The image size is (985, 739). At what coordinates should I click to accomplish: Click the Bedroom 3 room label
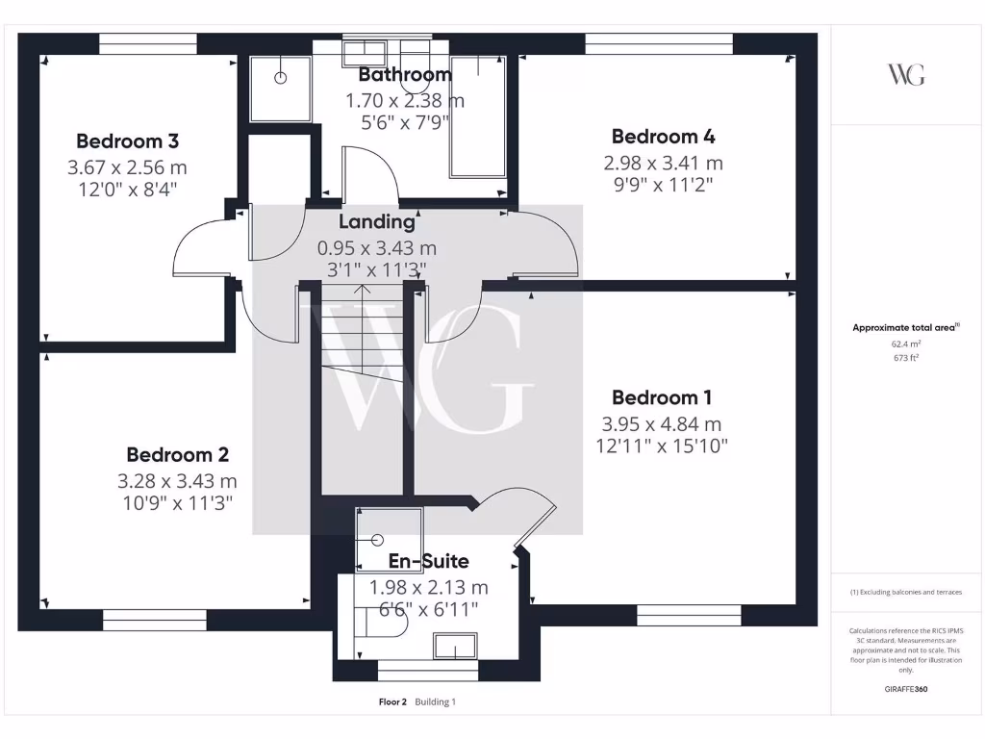click(128, 141)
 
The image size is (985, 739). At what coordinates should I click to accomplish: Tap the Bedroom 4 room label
click(663, 137)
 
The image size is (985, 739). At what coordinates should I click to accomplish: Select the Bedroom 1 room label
click(662, 397)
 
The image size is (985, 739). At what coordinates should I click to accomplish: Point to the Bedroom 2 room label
click(177, 454)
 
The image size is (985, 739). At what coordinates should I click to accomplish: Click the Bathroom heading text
click(405, 75)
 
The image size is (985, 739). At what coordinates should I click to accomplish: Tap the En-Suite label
click(428, 561)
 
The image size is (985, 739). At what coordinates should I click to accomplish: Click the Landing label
click(377, 221)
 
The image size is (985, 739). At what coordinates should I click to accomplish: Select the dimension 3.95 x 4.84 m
click(662, 423)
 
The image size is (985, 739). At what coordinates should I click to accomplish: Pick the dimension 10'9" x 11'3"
click(177, 502)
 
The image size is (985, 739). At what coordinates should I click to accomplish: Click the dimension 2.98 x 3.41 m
click(663, 163)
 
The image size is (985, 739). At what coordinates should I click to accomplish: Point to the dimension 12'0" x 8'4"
click(128, 190)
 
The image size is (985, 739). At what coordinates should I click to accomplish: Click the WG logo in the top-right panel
click(906, 74)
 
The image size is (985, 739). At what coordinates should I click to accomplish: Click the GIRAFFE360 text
click(906, 689)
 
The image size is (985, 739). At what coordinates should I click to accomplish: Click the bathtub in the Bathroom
click(478, 117)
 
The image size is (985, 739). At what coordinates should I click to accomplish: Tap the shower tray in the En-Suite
click(389, 540)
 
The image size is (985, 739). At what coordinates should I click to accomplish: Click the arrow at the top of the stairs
click(363, 289)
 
